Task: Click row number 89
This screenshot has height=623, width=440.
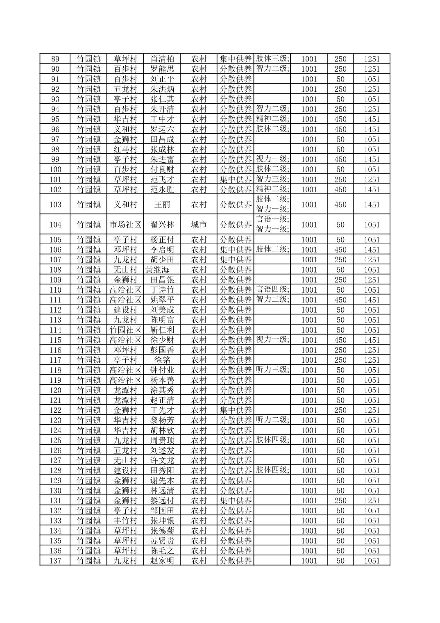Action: pos(55,59)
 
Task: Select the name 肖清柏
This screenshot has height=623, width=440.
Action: pos(162,59)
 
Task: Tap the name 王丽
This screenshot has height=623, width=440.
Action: pos(162,205)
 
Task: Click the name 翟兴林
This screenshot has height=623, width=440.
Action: pos(162,225)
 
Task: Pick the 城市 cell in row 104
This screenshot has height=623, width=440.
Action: pos(199,225)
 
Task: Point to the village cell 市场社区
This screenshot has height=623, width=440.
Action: pos(125,225)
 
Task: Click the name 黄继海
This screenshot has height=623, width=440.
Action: pos(157,270)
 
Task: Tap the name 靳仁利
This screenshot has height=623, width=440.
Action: pos(162,330)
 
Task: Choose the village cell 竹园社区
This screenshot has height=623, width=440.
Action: pos(125,330)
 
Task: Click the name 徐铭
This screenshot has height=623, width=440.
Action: pos(162,360)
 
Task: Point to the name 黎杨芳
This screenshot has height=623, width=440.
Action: pos(162,420)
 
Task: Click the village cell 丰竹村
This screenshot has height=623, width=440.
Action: pos(125,521)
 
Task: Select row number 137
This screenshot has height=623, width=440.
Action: pos(55,561)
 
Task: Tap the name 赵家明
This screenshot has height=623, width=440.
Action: pos(162,561)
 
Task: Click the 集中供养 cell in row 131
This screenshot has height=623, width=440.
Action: pos(236,500)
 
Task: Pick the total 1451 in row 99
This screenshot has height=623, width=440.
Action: pos(372,159)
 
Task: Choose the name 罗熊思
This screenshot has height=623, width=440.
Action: pos(162,69)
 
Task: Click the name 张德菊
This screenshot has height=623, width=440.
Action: pos(162,531)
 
